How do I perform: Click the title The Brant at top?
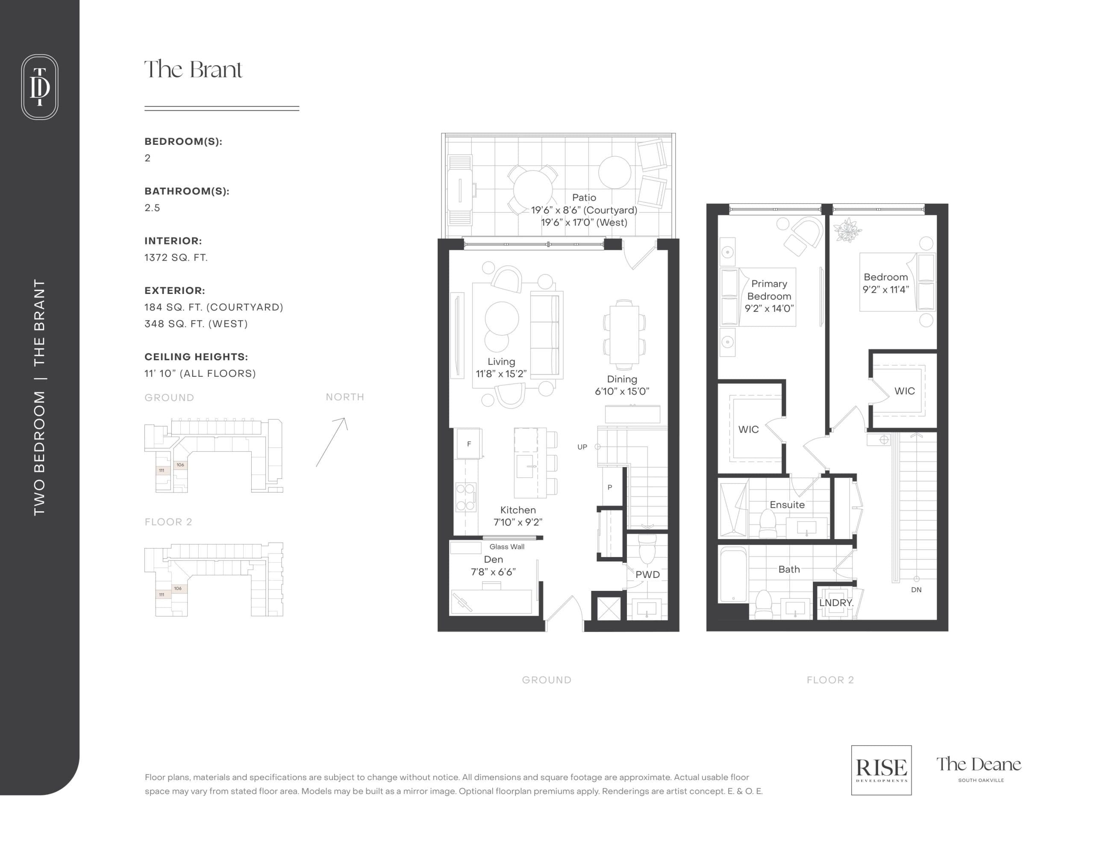[x=193, y=70]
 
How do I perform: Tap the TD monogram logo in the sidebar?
[x=40, y=87]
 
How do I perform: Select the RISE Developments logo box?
[x=881, y=770]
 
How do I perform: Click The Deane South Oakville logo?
[x=978, y=768]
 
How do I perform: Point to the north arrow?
[x=332, y=442]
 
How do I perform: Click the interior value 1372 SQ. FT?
[x=176, y=258]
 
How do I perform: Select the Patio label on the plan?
[x=584, y=197]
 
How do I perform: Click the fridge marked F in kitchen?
[x=469, y=443]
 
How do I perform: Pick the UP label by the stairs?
[x=582, y=447]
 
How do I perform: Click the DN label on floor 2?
[x=916, y=590]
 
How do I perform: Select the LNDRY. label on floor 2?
[x=835, y=603]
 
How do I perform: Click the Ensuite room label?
[x=787, y=505]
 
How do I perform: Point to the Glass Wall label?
[x=506, y=546]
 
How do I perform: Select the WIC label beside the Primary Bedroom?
[x=748, y=429]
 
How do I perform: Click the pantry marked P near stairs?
[x=610, y=487]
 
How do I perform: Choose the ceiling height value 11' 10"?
[x=200, y=374]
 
